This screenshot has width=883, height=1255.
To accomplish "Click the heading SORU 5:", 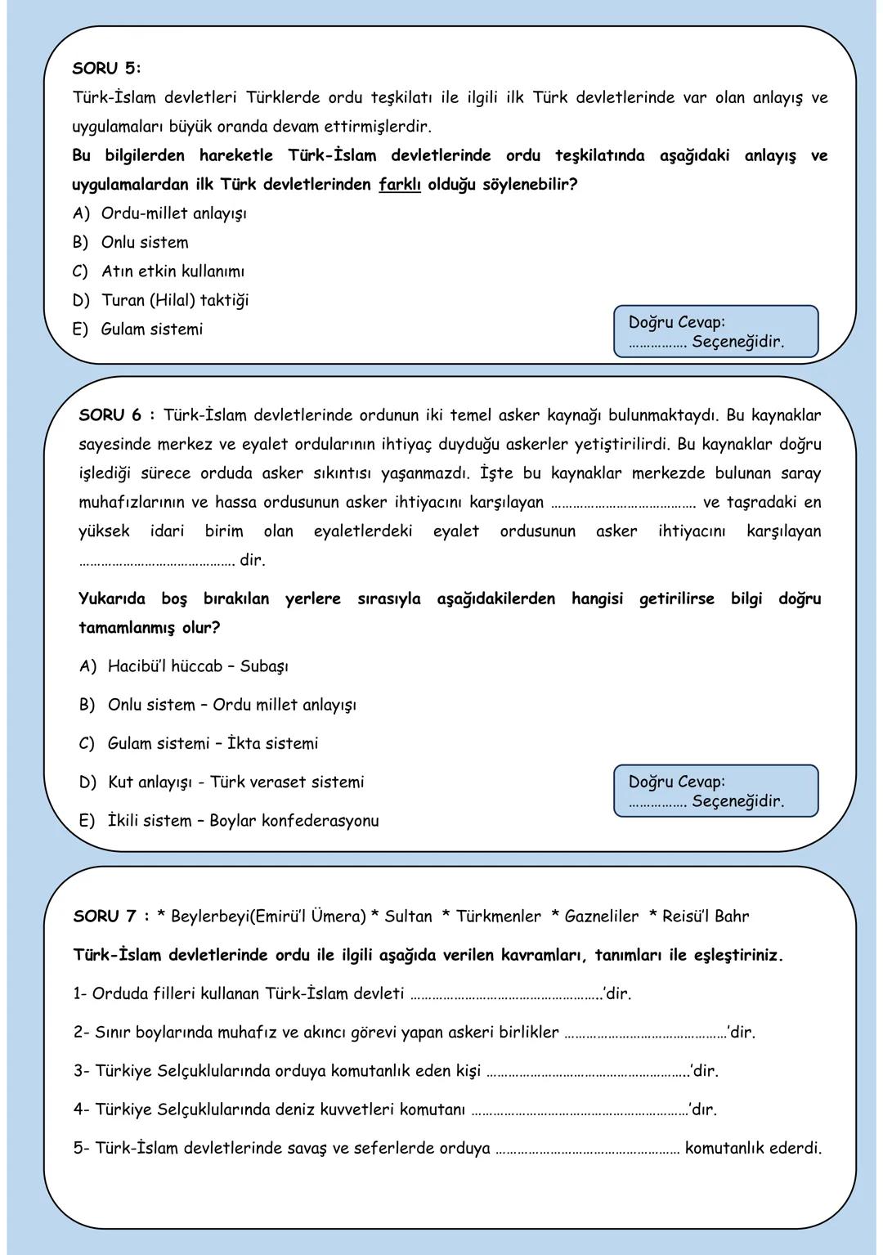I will pyautogui.click(x=106, y=68).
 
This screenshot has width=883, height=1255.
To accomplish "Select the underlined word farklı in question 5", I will pyautogui.click(x=400, y=184).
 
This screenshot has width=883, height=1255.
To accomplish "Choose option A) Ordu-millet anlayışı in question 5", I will pyautogui.click(x=160, y=213).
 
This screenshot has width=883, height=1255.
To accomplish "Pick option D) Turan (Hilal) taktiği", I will pyautogui.click(x=161, y=300).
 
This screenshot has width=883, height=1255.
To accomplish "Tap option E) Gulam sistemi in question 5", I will pyautogui.click(x=137, y=329).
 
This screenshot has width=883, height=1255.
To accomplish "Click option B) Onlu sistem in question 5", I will pyautogui.click(x=131, y=243).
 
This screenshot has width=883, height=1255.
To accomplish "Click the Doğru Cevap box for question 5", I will pyautogui.click(x=715, y=332).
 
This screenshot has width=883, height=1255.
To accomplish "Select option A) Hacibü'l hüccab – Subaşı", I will pyautogui.click(x=184, y=666).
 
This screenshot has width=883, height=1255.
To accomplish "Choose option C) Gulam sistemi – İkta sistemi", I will pyautogui.click(x=199, y=744).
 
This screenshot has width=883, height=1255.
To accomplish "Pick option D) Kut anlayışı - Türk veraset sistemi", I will pyautogui.click(x=222, y=782).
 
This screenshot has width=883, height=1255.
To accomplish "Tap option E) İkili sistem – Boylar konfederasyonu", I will pyautogui.click(x=229, y=821).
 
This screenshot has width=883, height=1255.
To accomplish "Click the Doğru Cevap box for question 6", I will pyautogui.click(x=715, y=791).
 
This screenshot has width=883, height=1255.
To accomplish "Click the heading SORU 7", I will pyautogui.click(x=105, y=917).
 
